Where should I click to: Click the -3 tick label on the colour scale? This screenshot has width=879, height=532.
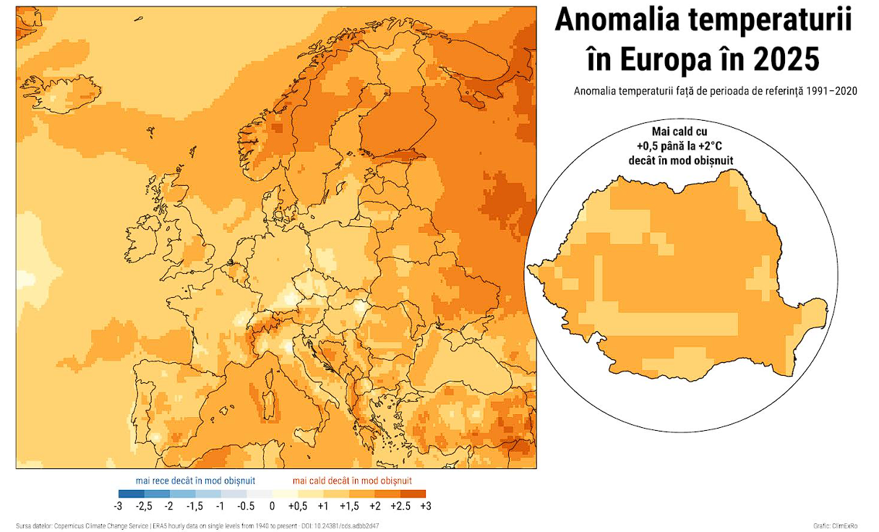(x=118, y=506)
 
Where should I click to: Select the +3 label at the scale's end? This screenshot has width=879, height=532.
(x=425, y=506)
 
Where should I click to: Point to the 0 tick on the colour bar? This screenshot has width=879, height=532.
(x=272, y=506)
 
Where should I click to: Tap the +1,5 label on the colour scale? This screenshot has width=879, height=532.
(x=348, y=506)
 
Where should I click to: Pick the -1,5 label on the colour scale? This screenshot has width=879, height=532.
(x=194, y=506)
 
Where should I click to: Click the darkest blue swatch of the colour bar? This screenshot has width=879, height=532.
(x=131, y=494)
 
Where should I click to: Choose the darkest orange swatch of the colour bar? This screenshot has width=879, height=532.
(x=413, y=494)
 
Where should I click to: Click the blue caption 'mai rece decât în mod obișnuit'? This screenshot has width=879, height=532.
(x=195, y=480)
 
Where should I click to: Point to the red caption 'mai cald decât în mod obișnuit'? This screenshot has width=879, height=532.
(x=353, y=480)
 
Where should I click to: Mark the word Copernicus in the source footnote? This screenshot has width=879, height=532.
(x=74, y=525)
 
